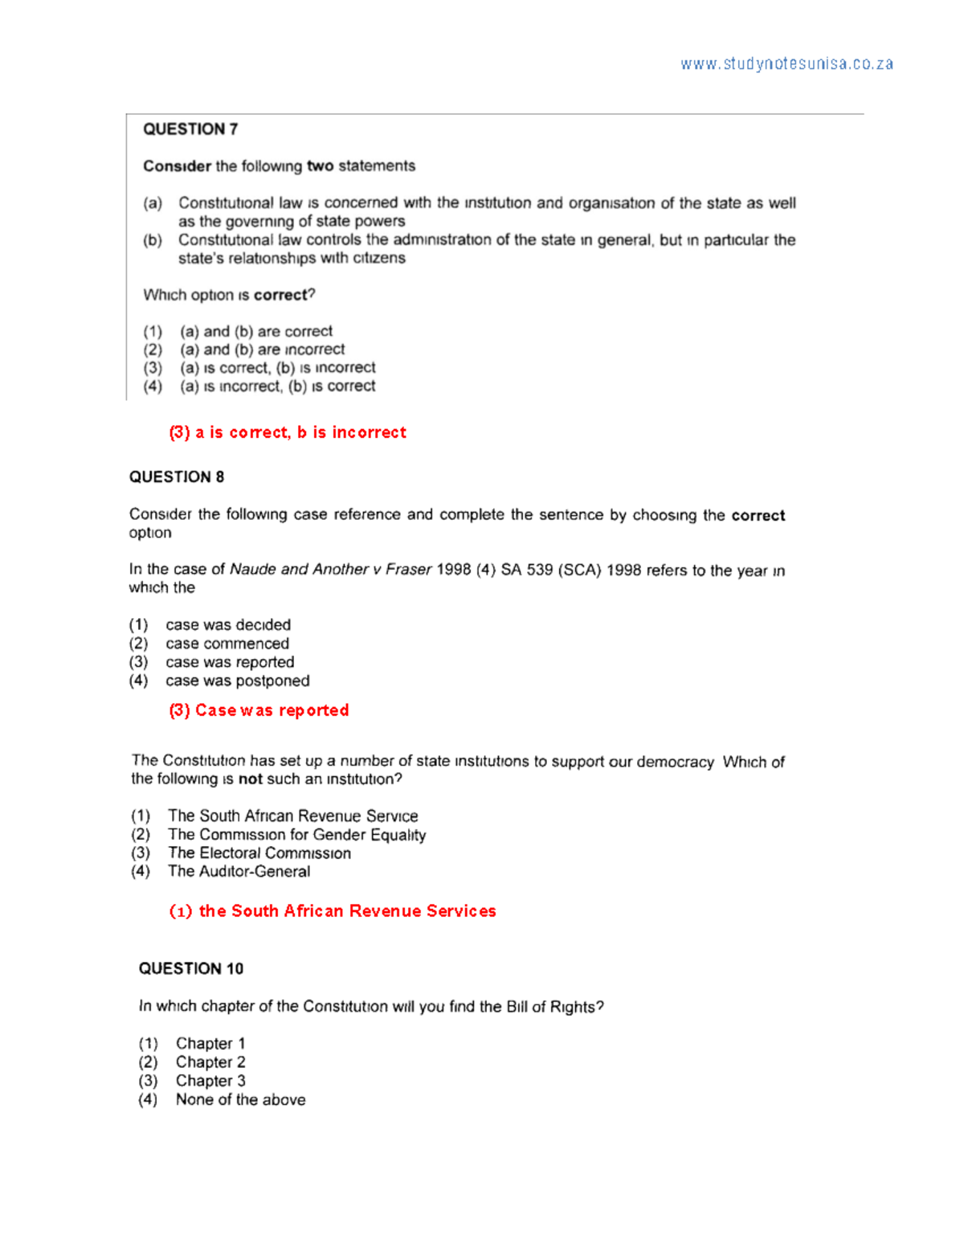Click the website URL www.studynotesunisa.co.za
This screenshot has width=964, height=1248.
[786, 64]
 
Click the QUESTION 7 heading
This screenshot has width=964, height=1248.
[190, 129]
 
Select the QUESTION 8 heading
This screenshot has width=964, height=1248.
[177, 477]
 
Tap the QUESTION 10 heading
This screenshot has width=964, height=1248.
[190, 969]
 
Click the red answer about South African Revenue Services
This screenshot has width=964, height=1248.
[333, 911]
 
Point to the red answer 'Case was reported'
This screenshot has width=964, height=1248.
[259, 710]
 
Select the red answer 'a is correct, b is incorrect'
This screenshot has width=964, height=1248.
[288, 432]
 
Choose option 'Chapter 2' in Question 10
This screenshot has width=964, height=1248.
[210, 1062]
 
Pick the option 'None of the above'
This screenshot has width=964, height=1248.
[240, 1100]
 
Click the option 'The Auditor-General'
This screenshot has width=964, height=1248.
[239, 872]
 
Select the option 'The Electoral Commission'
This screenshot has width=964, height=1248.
[259, 853]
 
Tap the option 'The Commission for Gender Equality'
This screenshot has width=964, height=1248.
[296, 835]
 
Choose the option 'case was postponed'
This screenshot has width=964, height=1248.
[237, 681]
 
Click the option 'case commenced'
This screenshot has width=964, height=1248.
[227, 644]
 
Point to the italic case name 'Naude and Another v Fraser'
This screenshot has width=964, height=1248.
[330, 570]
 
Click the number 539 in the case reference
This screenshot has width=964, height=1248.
[540, 571]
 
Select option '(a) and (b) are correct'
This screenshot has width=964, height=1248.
[255, 331]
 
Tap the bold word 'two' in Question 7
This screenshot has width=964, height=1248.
[320, 166]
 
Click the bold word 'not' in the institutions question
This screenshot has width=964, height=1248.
[251, 779]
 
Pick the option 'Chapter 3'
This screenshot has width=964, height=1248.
[210, 1082]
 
